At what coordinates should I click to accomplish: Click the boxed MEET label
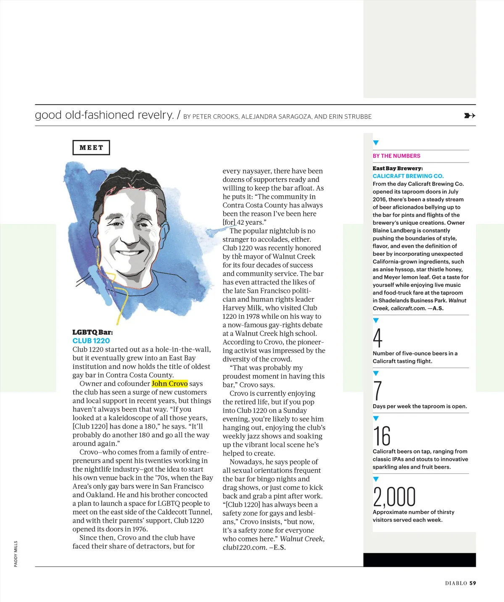91,147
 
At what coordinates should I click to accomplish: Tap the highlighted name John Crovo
169,384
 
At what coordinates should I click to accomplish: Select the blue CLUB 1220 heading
91,341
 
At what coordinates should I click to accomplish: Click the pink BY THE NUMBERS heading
396,156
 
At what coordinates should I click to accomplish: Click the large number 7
377,391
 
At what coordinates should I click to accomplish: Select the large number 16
382,436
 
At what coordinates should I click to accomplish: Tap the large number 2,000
394,497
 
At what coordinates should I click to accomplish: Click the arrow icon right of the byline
470,116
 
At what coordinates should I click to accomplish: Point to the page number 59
473,583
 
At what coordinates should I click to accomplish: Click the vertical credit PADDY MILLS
16,554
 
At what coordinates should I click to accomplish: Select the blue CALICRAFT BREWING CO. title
408,176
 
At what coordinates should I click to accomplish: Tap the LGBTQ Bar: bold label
92,332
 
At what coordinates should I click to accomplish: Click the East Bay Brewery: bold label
398,168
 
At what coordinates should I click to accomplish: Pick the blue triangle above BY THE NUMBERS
376,143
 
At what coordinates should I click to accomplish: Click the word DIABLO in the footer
456,583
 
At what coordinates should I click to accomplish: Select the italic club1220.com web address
245,547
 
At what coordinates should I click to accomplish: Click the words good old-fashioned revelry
104,115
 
